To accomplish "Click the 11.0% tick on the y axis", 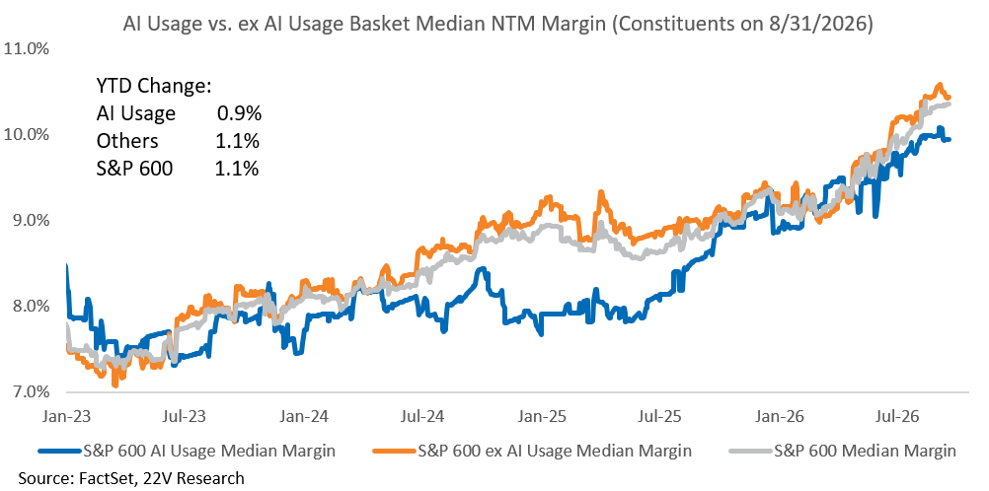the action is tap(27, 48).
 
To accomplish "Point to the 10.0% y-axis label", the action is tap(27, 134).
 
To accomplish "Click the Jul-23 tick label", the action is tap(188, 416).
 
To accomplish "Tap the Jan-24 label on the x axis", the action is tap(304, 416).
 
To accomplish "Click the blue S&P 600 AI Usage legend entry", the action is tap(188, 451).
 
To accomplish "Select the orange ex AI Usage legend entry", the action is tap(532, 451).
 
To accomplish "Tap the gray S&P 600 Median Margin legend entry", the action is tap(843, 451).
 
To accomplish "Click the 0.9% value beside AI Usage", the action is tap(239, 113).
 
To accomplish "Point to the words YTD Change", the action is tap(153, 86).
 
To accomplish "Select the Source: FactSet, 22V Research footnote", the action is tap(131, 478).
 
